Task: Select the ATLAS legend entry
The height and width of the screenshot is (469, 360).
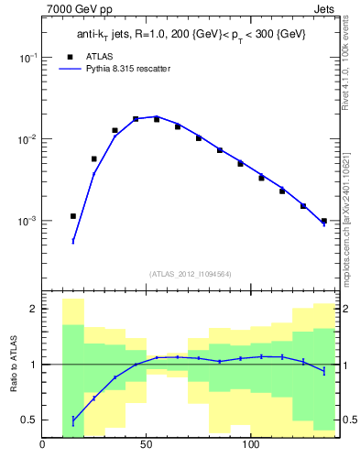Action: coord(92,56)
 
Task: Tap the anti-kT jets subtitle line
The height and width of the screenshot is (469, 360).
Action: coord(190,35)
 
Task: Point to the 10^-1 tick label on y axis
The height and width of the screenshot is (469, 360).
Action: coord(27,57)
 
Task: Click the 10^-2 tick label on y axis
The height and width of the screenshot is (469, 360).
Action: coord(27,139)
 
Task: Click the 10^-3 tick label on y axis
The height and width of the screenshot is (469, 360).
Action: coord(27,222)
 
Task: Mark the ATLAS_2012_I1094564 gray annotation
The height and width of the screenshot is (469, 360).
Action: coord(190,274)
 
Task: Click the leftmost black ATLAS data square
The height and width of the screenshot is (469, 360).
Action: coord(73,216)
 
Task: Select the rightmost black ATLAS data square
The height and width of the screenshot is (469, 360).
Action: coord(323,221)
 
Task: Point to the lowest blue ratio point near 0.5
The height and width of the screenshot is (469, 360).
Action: coord(73,420)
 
